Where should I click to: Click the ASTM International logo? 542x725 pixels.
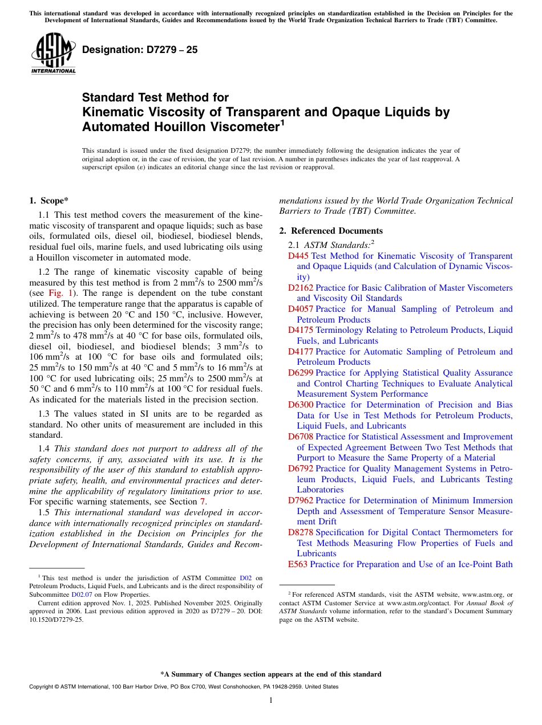[53, 53]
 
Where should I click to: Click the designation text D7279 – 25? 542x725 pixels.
[140, 50]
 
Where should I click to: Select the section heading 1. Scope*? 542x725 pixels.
[48, 200]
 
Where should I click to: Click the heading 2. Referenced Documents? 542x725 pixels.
[331, 231]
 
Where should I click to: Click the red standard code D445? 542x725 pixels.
[298, 256]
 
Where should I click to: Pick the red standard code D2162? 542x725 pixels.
[301, 288]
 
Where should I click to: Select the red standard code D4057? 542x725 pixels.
[301, 309]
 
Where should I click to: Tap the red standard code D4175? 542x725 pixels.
[301, 330]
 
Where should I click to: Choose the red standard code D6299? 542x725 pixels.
[301, 373]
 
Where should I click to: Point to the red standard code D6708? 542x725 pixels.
[301, 437]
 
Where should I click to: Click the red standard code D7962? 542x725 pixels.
[301, 500]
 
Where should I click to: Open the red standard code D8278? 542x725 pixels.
[301, 532]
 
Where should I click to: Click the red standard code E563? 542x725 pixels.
[298, 564]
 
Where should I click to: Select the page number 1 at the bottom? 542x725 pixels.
[271, 700]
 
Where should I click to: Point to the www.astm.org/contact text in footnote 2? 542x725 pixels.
[418, 602]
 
